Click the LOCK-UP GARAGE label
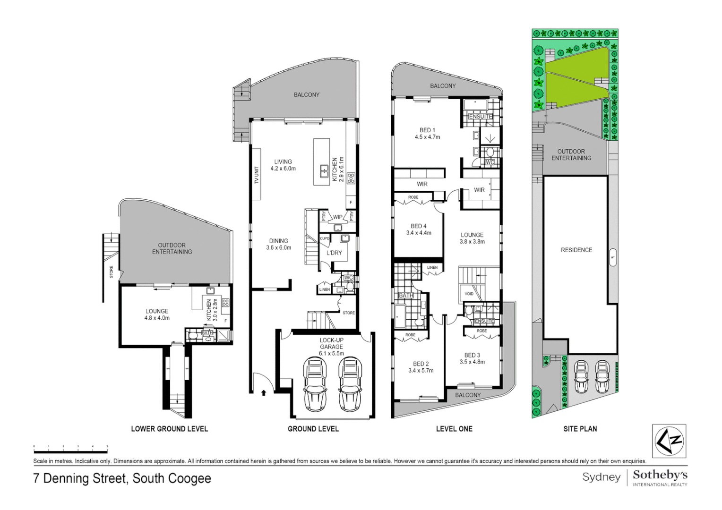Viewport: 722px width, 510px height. click(x=331, y=343)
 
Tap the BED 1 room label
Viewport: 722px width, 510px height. click(x=427, y=130)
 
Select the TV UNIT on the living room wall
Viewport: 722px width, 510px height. click(x=257, y=174)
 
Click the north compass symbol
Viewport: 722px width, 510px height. click(x=669, y=441)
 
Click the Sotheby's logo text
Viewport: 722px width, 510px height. click(x=660, y=475)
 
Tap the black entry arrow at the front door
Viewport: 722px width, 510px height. click(x=264, y=392)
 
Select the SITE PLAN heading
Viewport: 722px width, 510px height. click(x=580, y=429)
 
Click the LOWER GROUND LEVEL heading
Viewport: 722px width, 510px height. click(x=169, y=429)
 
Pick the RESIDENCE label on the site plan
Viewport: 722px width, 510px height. click(x=576, y=250)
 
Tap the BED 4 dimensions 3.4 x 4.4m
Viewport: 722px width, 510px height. click(x=419, y=233)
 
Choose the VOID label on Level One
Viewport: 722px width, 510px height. click(x=469, y=294)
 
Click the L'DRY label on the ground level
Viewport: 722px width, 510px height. click(x=334, y=253)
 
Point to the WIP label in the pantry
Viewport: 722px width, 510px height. click(x=338, y=217)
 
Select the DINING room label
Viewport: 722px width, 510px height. click(x=279, y=241)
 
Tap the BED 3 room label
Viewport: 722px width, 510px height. click(x=472, y=355)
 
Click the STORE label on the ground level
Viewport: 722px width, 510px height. click(x=349, y=313)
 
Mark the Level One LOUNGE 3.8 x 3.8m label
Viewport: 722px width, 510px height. click(x=472, y=238)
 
